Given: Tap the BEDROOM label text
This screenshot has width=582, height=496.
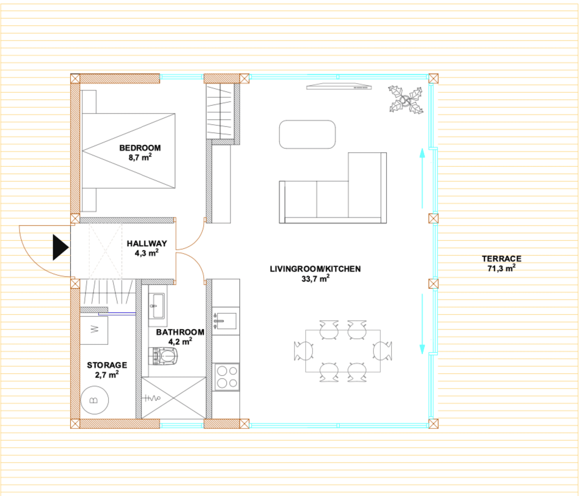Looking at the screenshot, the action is tap(140, 148).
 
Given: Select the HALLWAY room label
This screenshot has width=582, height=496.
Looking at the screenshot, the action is tap(147, 243).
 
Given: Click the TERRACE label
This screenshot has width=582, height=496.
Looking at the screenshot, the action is tap(501, 258).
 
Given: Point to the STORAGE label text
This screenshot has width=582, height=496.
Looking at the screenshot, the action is tap(107, 365).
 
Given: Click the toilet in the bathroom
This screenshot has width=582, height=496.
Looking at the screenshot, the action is tap(163, 356).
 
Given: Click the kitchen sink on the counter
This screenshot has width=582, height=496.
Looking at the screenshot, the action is tap(226, 321).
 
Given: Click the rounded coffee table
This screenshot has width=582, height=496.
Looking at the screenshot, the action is tap(307, 134).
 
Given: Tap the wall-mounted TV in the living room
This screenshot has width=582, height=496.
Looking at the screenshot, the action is tap(339, 86).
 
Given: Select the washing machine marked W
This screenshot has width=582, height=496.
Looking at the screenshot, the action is tap(94, 330).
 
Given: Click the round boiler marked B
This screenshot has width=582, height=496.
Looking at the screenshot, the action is tap(95, 400).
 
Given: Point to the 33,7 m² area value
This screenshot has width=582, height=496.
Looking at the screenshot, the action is tap(315, 279).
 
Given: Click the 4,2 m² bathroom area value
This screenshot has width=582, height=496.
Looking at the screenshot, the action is tap(180, 341).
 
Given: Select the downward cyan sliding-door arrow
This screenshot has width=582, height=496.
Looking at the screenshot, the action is tap(422, 324).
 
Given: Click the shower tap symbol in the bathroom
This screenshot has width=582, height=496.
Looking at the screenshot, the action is tap(151, 398).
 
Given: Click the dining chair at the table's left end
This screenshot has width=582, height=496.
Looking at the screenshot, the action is tap(303, 351).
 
